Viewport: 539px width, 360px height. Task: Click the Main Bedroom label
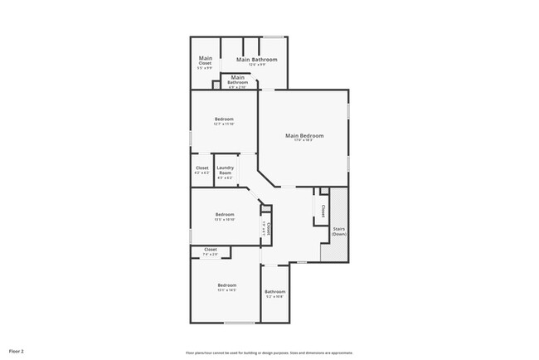(304, 135)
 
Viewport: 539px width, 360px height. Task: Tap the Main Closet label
(205, 61)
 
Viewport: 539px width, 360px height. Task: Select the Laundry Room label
(225, 170)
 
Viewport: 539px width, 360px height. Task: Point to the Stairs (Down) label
(338, 231)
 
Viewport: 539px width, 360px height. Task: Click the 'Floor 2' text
(17, 351)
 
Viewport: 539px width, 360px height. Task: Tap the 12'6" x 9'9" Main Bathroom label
(256, 61)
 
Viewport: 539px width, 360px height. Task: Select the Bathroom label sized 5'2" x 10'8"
(274, 292)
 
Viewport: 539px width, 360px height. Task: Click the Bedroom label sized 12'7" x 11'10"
(224, 119)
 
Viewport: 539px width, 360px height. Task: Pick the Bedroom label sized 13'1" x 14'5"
(226, 285)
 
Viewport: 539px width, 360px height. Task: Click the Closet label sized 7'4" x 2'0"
(210, 250)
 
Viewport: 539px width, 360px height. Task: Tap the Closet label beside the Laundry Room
(202, 168)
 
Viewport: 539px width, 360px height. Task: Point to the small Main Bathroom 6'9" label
(238, 80)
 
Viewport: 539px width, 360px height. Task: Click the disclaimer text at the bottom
(269, 351)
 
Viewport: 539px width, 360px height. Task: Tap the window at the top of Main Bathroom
(274, 36)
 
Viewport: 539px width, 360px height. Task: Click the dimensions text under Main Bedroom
(304, 140)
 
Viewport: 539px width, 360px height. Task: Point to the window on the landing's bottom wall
(302, 262)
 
